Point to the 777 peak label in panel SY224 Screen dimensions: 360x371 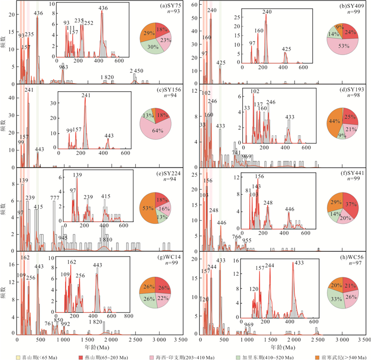pyautogui.click(x=55, y=198)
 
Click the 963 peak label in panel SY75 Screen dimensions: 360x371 pyautogui.click(x=63, y=67)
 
